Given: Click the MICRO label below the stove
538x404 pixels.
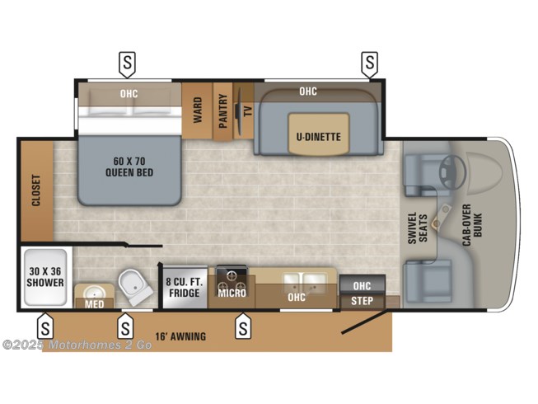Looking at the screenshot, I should point(232,292).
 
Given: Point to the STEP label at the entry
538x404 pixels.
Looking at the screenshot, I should point(362,301).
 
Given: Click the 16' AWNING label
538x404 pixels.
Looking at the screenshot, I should point(180,336).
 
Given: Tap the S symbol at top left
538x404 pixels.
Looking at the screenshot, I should point(128,61).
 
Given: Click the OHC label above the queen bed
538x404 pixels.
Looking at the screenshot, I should point(129,94).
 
